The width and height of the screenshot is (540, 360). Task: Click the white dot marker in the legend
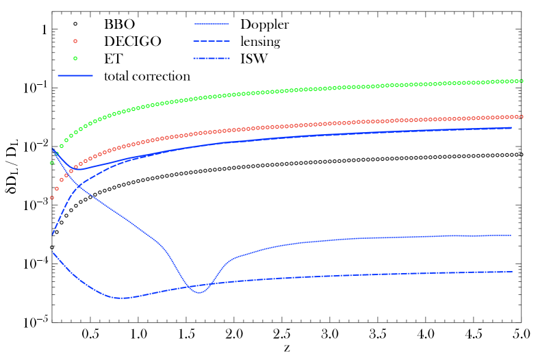pyautogui.click(x=75, y=24)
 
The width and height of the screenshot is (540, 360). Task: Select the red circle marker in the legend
pyautogui.click(x=75, y=41)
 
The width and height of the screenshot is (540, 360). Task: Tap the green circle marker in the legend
pyautogui.click(x=75, y=58)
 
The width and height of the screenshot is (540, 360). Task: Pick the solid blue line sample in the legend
pyautogui.click(x=75, y=75)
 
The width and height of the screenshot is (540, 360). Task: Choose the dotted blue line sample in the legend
pyautogui.click(x=211, y=24)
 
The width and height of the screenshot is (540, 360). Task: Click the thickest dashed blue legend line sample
pyautogui.click(x=211, y=59)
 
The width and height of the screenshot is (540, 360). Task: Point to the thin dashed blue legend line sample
pyautogui.click(x=211, y=41)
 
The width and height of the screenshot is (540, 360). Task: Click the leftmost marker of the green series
pyautogui.click(x=52, y=163)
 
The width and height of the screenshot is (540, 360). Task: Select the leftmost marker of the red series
pyautogui.click(x=52, y=198)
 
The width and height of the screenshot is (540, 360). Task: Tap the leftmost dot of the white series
pyautogui.click(x=52, y=247)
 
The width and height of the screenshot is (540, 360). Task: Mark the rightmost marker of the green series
pyautogui.click(x=522, y=81)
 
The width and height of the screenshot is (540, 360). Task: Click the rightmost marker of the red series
pyautogui.click(x=522, y=116)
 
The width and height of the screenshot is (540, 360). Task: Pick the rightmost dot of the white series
pyautogui.click(x=522, y=155)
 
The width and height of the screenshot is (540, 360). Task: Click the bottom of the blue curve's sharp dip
pyautogui.click(x=198, y=293)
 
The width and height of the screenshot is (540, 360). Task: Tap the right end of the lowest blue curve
pyautogui.click(x=512, y=272)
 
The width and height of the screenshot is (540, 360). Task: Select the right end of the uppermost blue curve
pyautogui.click(x=511, y=127)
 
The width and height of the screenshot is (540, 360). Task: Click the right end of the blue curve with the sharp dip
pyautogui.click(x=511, y=235)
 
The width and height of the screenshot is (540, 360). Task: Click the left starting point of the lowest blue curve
pyautogui.click(x=53, y=253)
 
